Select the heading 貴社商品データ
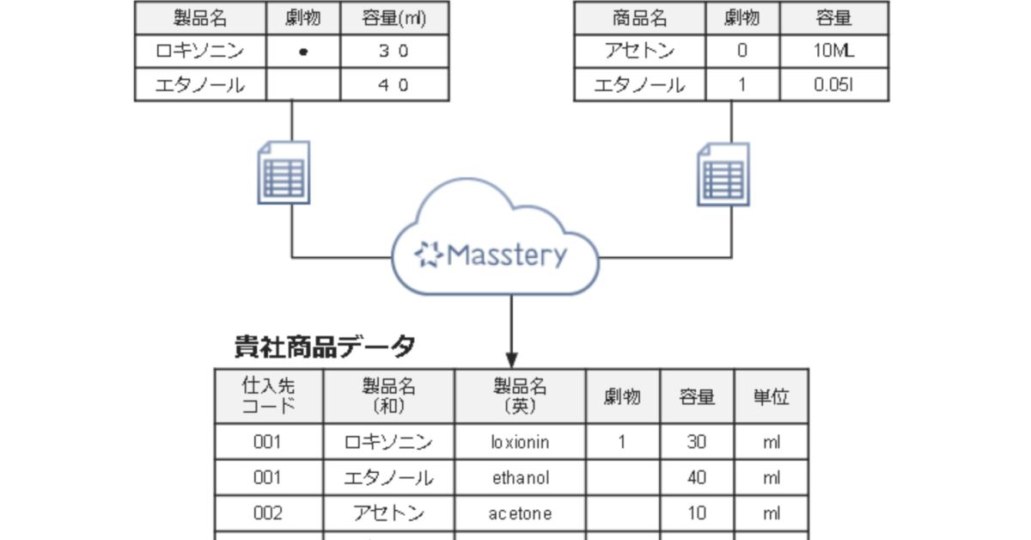click(x=326, y=347)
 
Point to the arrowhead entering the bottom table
click(x=512, y=359)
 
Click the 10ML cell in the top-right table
click(x=833, y=52)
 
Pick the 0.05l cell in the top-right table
click(x=833, y=85)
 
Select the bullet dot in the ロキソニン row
click(x=302, y=52)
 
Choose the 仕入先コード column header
click(x=268, y=396)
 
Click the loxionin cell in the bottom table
click(x=519, y=442)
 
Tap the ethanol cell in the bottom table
click(x=519, y=478)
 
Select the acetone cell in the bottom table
click(x=519, y=513)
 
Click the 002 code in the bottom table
click(x=268, y=513)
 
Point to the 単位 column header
click(x=771, y=396)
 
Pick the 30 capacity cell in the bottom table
click(x=697, y=442)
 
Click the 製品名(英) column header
click(x=519, y=396)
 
